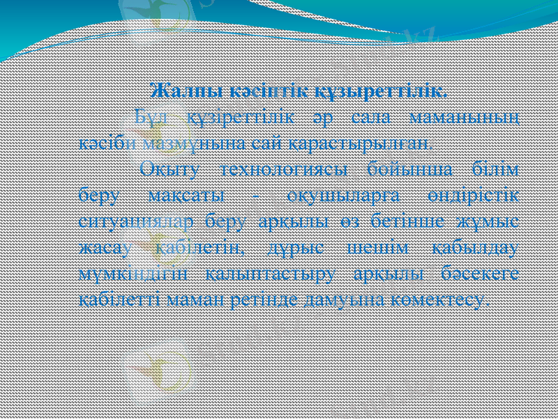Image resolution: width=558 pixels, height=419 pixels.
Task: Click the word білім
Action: [496, 170]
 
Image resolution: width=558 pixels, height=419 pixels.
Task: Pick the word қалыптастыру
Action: [273, 274]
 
